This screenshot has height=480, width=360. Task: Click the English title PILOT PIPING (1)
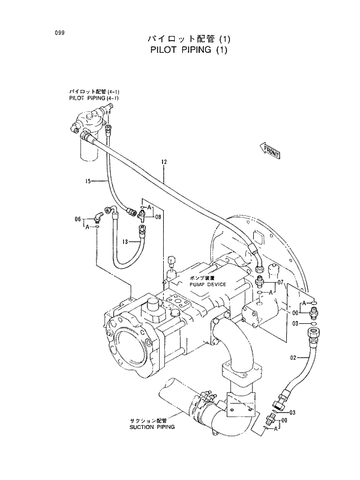point(183,50)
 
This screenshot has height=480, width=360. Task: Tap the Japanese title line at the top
point(183,39)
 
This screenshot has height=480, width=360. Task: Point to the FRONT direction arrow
point(271,151)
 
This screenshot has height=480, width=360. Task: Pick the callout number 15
point(89,182)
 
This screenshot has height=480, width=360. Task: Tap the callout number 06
point(78,219)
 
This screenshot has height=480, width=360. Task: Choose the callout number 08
point(158,216)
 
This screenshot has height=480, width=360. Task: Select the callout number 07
point(280,282)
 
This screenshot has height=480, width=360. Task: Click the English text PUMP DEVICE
point(207,285)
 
